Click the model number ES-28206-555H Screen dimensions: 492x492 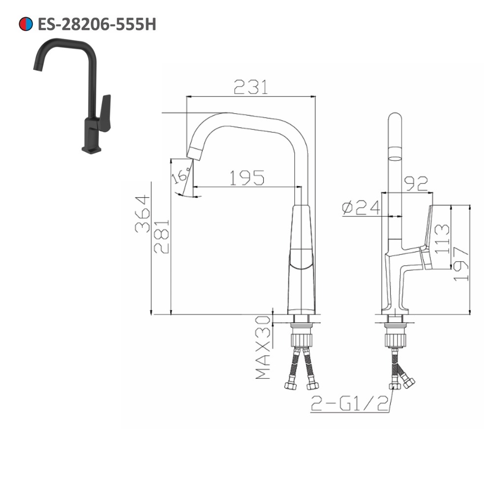click(96, 24)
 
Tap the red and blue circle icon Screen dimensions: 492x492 click(26, 24)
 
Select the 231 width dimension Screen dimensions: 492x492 click(251, 87)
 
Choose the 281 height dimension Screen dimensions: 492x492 click(161, 236)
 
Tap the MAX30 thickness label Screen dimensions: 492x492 click(264, 347)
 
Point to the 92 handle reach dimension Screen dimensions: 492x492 click(415, 183)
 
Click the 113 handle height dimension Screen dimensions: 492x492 click(441, 238)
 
